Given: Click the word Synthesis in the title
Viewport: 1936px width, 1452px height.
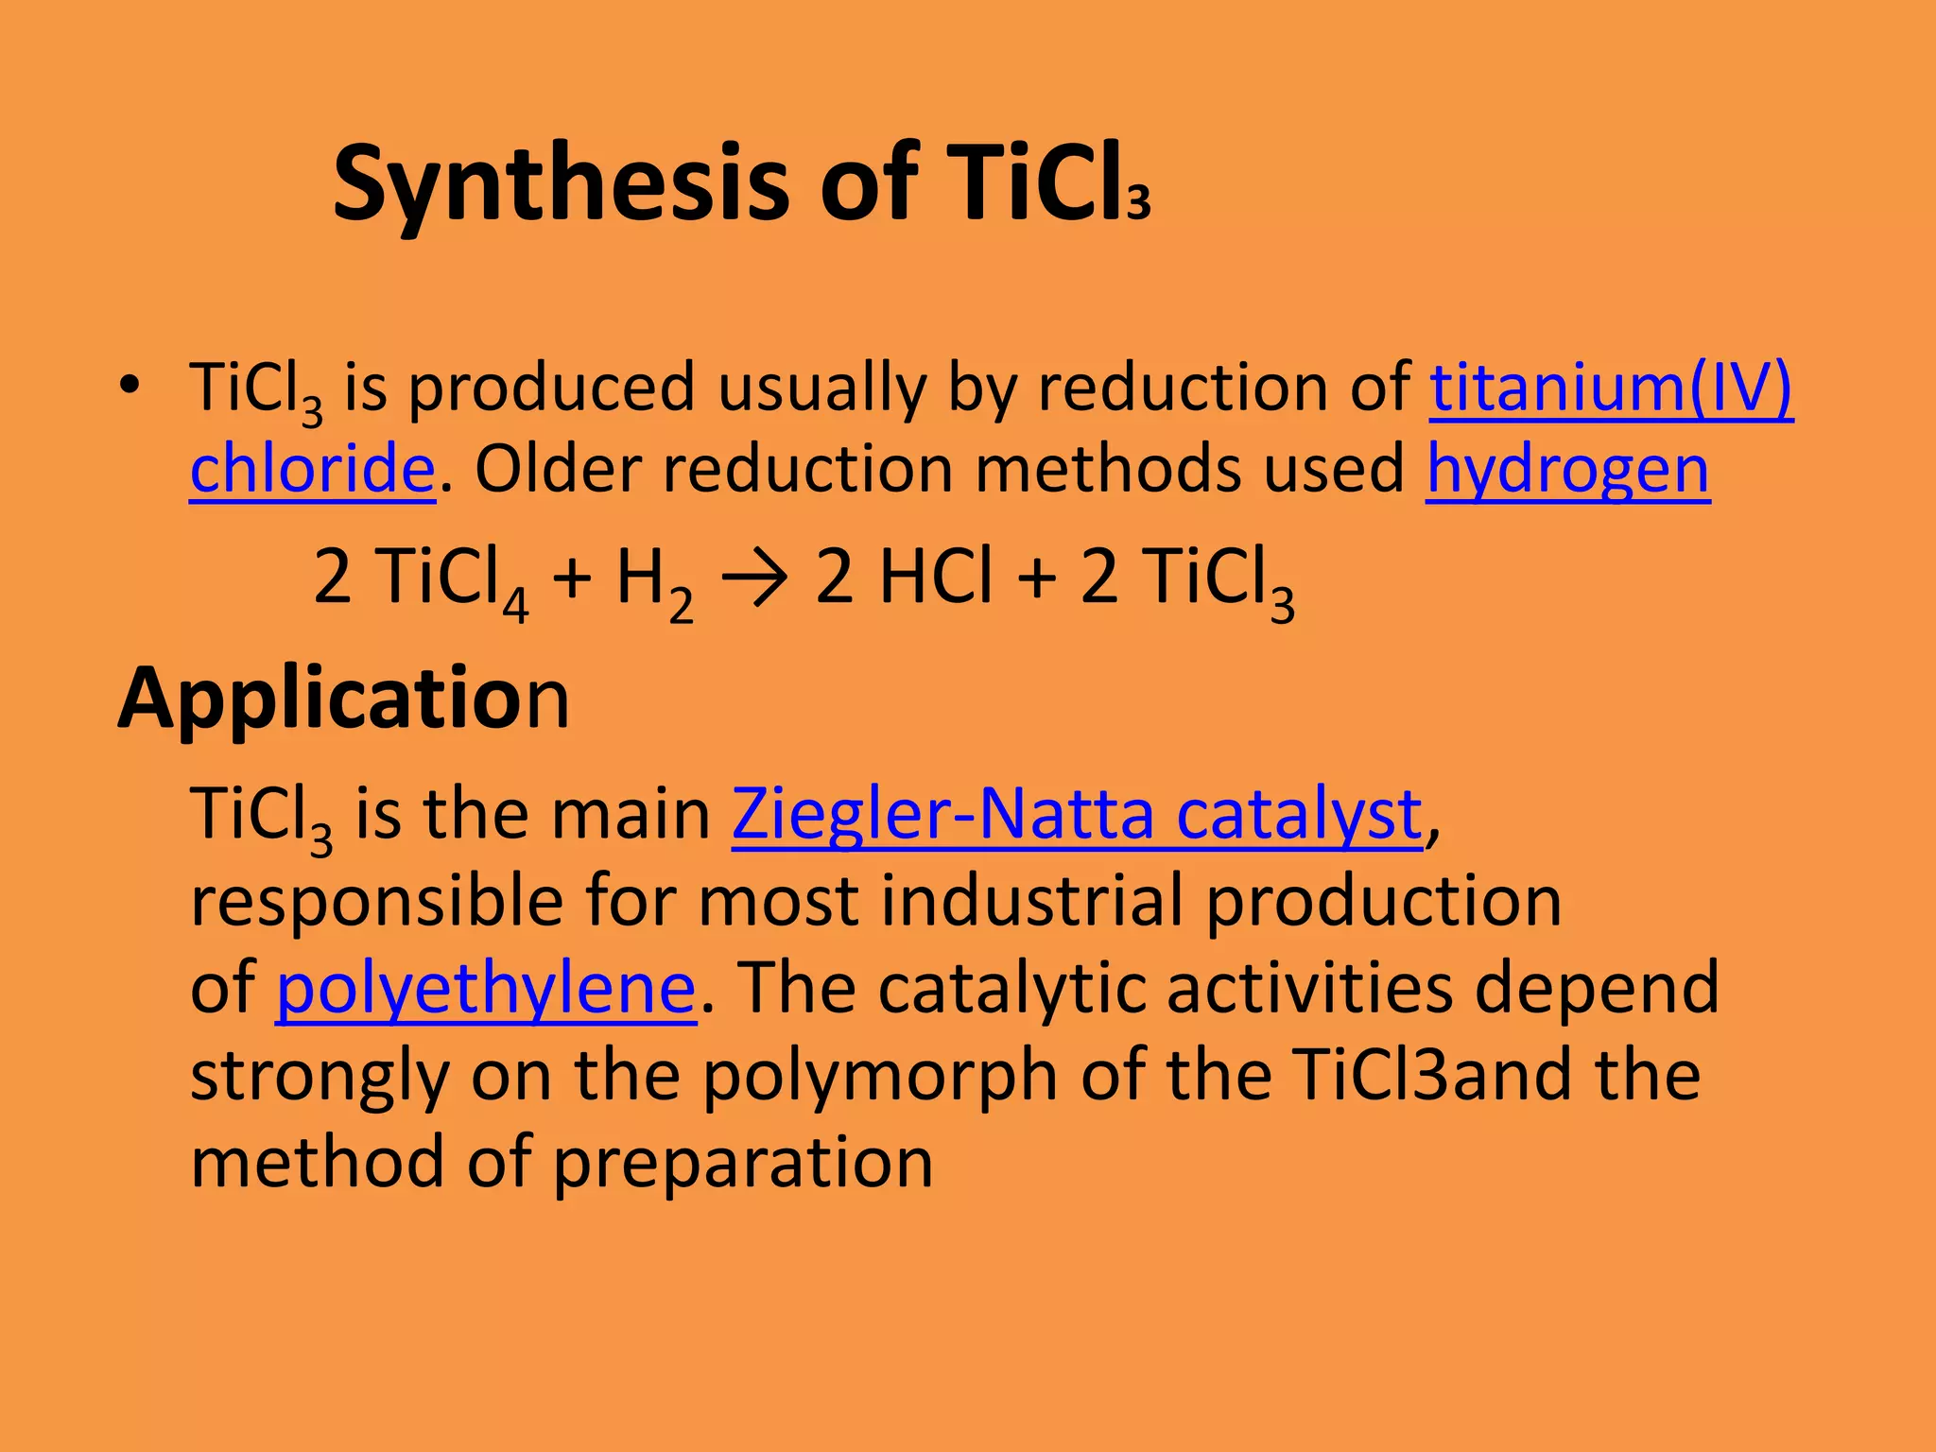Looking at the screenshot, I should (x=560, y=184).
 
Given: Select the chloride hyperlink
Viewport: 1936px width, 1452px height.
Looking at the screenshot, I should (x=312, y=470).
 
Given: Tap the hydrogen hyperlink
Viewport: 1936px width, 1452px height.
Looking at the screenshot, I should (x=1567, y=470).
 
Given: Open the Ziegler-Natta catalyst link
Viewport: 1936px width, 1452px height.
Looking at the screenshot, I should (x=1077, y=814).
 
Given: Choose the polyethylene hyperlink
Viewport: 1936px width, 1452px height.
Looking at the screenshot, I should (x=486, y=989).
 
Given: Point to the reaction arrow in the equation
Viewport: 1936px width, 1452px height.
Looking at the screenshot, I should (x=753, y=578).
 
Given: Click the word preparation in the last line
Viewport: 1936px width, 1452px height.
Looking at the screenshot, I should (x=743, y=1164).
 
